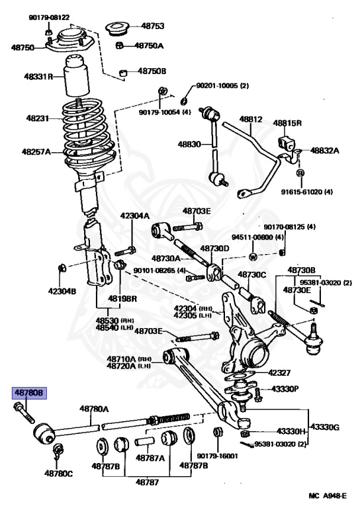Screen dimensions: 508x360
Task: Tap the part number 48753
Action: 152,26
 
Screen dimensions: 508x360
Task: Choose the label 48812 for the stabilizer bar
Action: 251,120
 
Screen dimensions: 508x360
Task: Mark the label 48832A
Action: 324,150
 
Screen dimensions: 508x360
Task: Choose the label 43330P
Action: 286,388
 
